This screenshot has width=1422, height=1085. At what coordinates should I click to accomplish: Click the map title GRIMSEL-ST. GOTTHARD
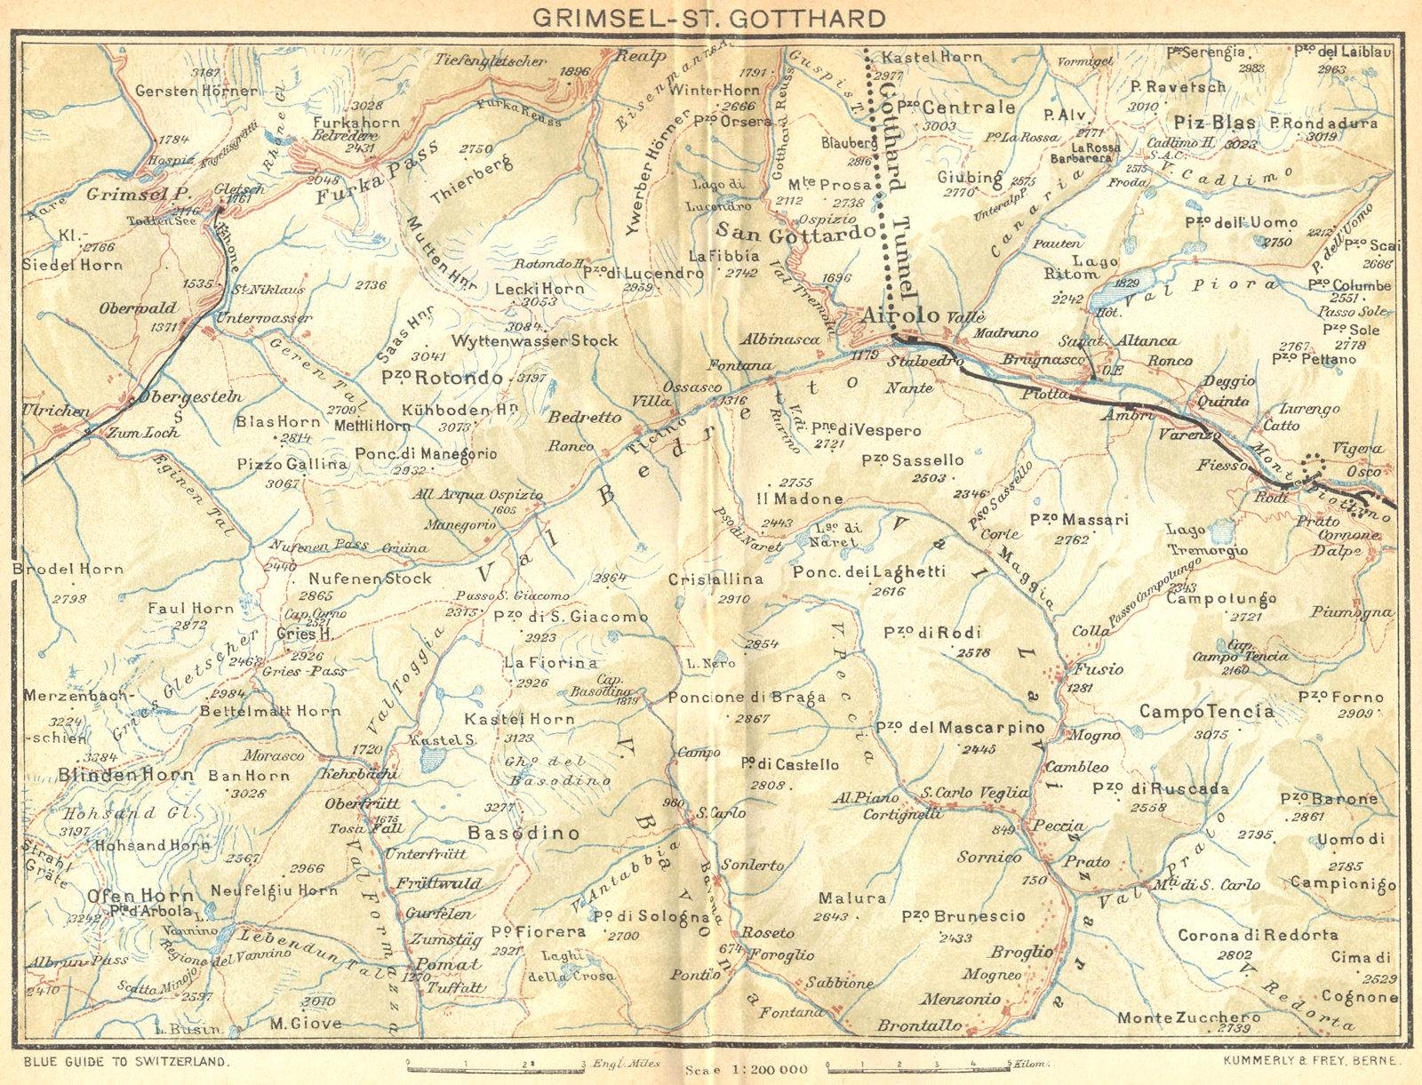[x=709, y=18]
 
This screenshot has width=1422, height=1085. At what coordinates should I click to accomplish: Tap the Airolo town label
[x=899, y=316]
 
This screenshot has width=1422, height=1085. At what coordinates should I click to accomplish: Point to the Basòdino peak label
[x=523, y=833]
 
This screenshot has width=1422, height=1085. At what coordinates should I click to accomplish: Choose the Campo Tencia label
[x=1206, y=712]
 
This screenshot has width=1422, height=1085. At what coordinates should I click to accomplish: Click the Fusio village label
[x=1098, y=669]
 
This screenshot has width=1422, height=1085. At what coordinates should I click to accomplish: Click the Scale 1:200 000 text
[x=747, y=1069]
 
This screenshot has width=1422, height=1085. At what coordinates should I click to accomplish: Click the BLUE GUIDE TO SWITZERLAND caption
[x=127, y=1061]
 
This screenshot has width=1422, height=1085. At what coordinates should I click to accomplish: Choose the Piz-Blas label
[x=1214, y=123]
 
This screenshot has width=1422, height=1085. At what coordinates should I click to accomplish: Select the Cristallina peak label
[x=715, y=578]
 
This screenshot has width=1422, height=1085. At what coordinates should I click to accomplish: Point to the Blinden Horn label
[x=125, y=775]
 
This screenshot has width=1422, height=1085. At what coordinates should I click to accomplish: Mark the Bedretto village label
[x=584, y=418]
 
